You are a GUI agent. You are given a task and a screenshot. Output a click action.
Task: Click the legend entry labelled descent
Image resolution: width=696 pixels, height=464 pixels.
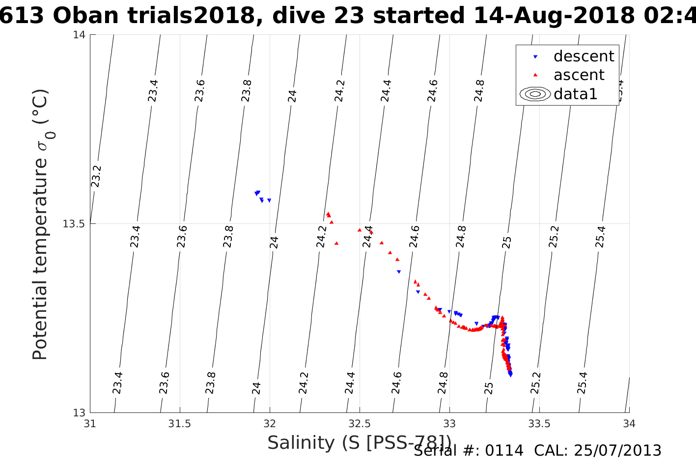click(x=584, y=56)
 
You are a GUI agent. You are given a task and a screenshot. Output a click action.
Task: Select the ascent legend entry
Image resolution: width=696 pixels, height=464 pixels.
click(x=579, y=75)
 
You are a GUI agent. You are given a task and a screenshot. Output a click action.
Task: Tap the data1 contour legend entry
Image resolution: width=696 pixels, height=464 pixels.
click(x=575, y=94)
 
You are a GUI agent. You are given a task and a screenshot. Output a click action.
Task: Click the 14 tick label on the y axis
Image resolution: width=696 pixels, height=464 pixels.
click(x=79, y=35)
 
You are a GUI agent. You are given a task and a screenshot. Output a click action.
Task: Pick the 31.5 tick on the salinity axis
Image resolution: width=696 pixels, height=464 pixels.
click(x=180, y=423)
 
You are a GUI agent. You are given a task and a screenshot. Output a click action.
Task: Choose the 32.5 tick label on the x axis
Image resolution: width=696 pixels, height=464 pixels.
click(x=360, y=423)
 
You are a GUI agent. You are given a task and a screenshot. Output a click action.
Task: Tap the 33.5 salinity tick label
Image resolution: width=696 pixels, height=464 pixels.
click(x=539, y=423)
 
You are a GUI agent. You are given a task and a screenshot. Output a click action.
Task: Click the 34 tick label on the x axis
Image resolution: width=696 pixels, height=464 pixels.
click(x=629, y=423)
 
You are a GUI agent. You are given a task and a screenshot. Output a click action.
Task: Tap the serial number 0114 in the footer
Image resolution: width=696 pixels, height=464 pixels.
click(x=504, y=451)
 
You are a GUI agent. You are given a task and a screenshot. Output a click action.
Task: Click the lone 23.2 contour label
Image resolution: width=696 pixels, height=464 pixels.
click(x=96, y=176)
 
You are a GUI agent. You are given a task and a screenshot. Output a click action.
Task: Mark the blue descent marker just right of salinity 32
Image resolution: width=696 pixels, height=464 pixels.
click(x=269, y=200)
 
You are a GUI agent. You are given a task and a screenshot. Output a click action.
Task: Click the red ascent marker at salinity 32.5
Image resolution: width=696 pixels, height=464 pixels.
click(x=360, y=230)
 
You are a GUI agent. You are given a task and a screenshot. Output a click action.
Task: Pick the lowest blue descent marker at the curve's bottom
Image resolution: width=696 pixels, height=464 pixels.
click(x=511, y=375)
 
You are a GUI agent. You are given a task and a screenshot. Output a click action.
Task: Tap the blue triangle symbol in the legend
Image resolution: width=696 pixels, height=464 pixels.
click(x=536, y=57)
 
